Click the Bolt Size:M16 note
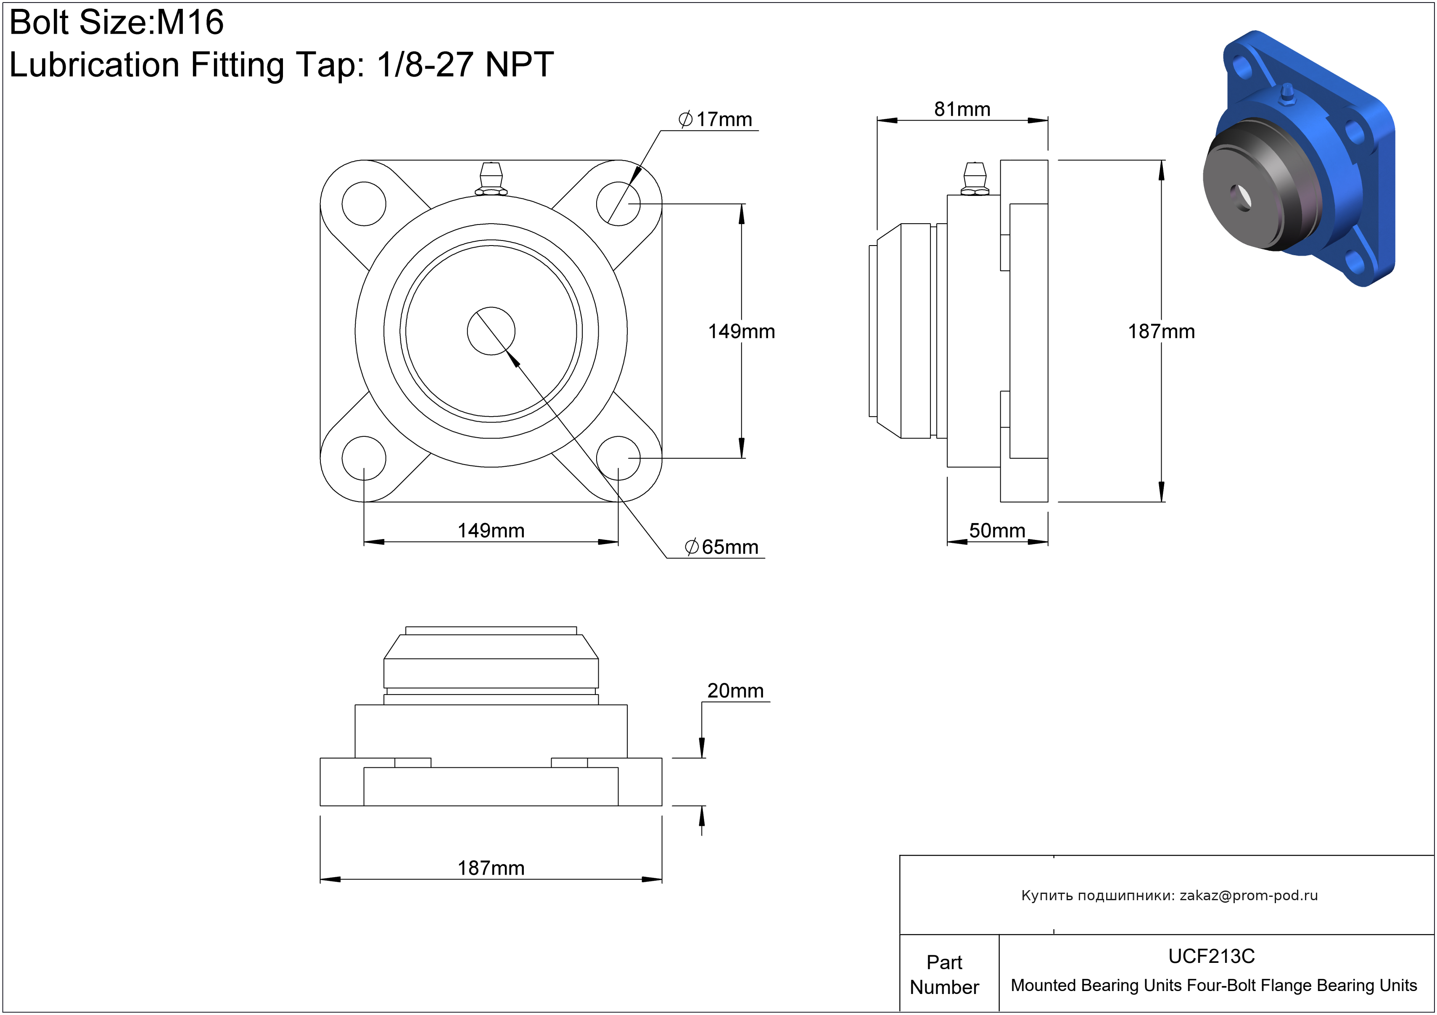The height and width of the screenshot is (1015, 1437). [116, 23]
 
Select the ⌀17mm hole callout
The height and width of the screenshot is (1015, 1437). [716, 119]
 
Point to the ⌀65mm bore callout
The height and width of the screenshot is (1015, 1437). [721, 547]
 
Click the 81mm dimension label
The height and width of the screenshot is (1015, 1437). [962, 109]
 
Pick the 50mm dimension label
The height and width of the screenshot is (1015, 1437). [997, 531]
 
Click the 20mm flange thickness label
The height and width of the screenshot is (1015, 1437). [735, 690]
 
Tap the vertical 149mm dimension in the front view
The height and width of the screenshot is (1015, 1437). [742, 331]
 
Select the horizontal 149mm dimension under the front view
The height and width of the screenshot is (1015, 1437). [491, 531]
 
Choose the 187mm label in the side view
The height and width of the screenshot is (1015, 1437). [1161, 331]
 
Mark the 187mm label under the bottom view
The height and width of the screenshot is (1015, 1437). [491, 868]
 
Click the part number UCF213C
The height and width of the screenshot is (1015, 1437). [1212, 956]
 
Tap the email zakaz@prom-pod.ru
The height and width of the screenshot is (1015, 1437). [1249, 896]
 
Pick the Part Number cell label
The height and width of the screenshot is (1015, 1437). [944, 974]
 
